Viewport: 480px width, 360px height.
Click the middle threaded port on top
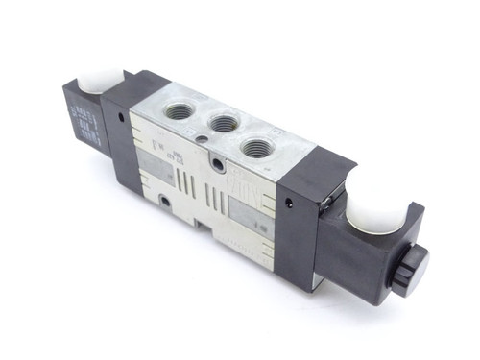click(x=224, y=123)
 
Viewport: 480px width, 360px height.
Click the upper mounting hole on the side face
click(x=222, y=166)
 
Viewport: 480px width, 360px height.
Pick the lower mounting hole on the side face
click(x=166, y=201)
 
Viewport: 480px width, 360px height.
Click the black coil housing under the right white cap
click(x=370, y=252)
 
